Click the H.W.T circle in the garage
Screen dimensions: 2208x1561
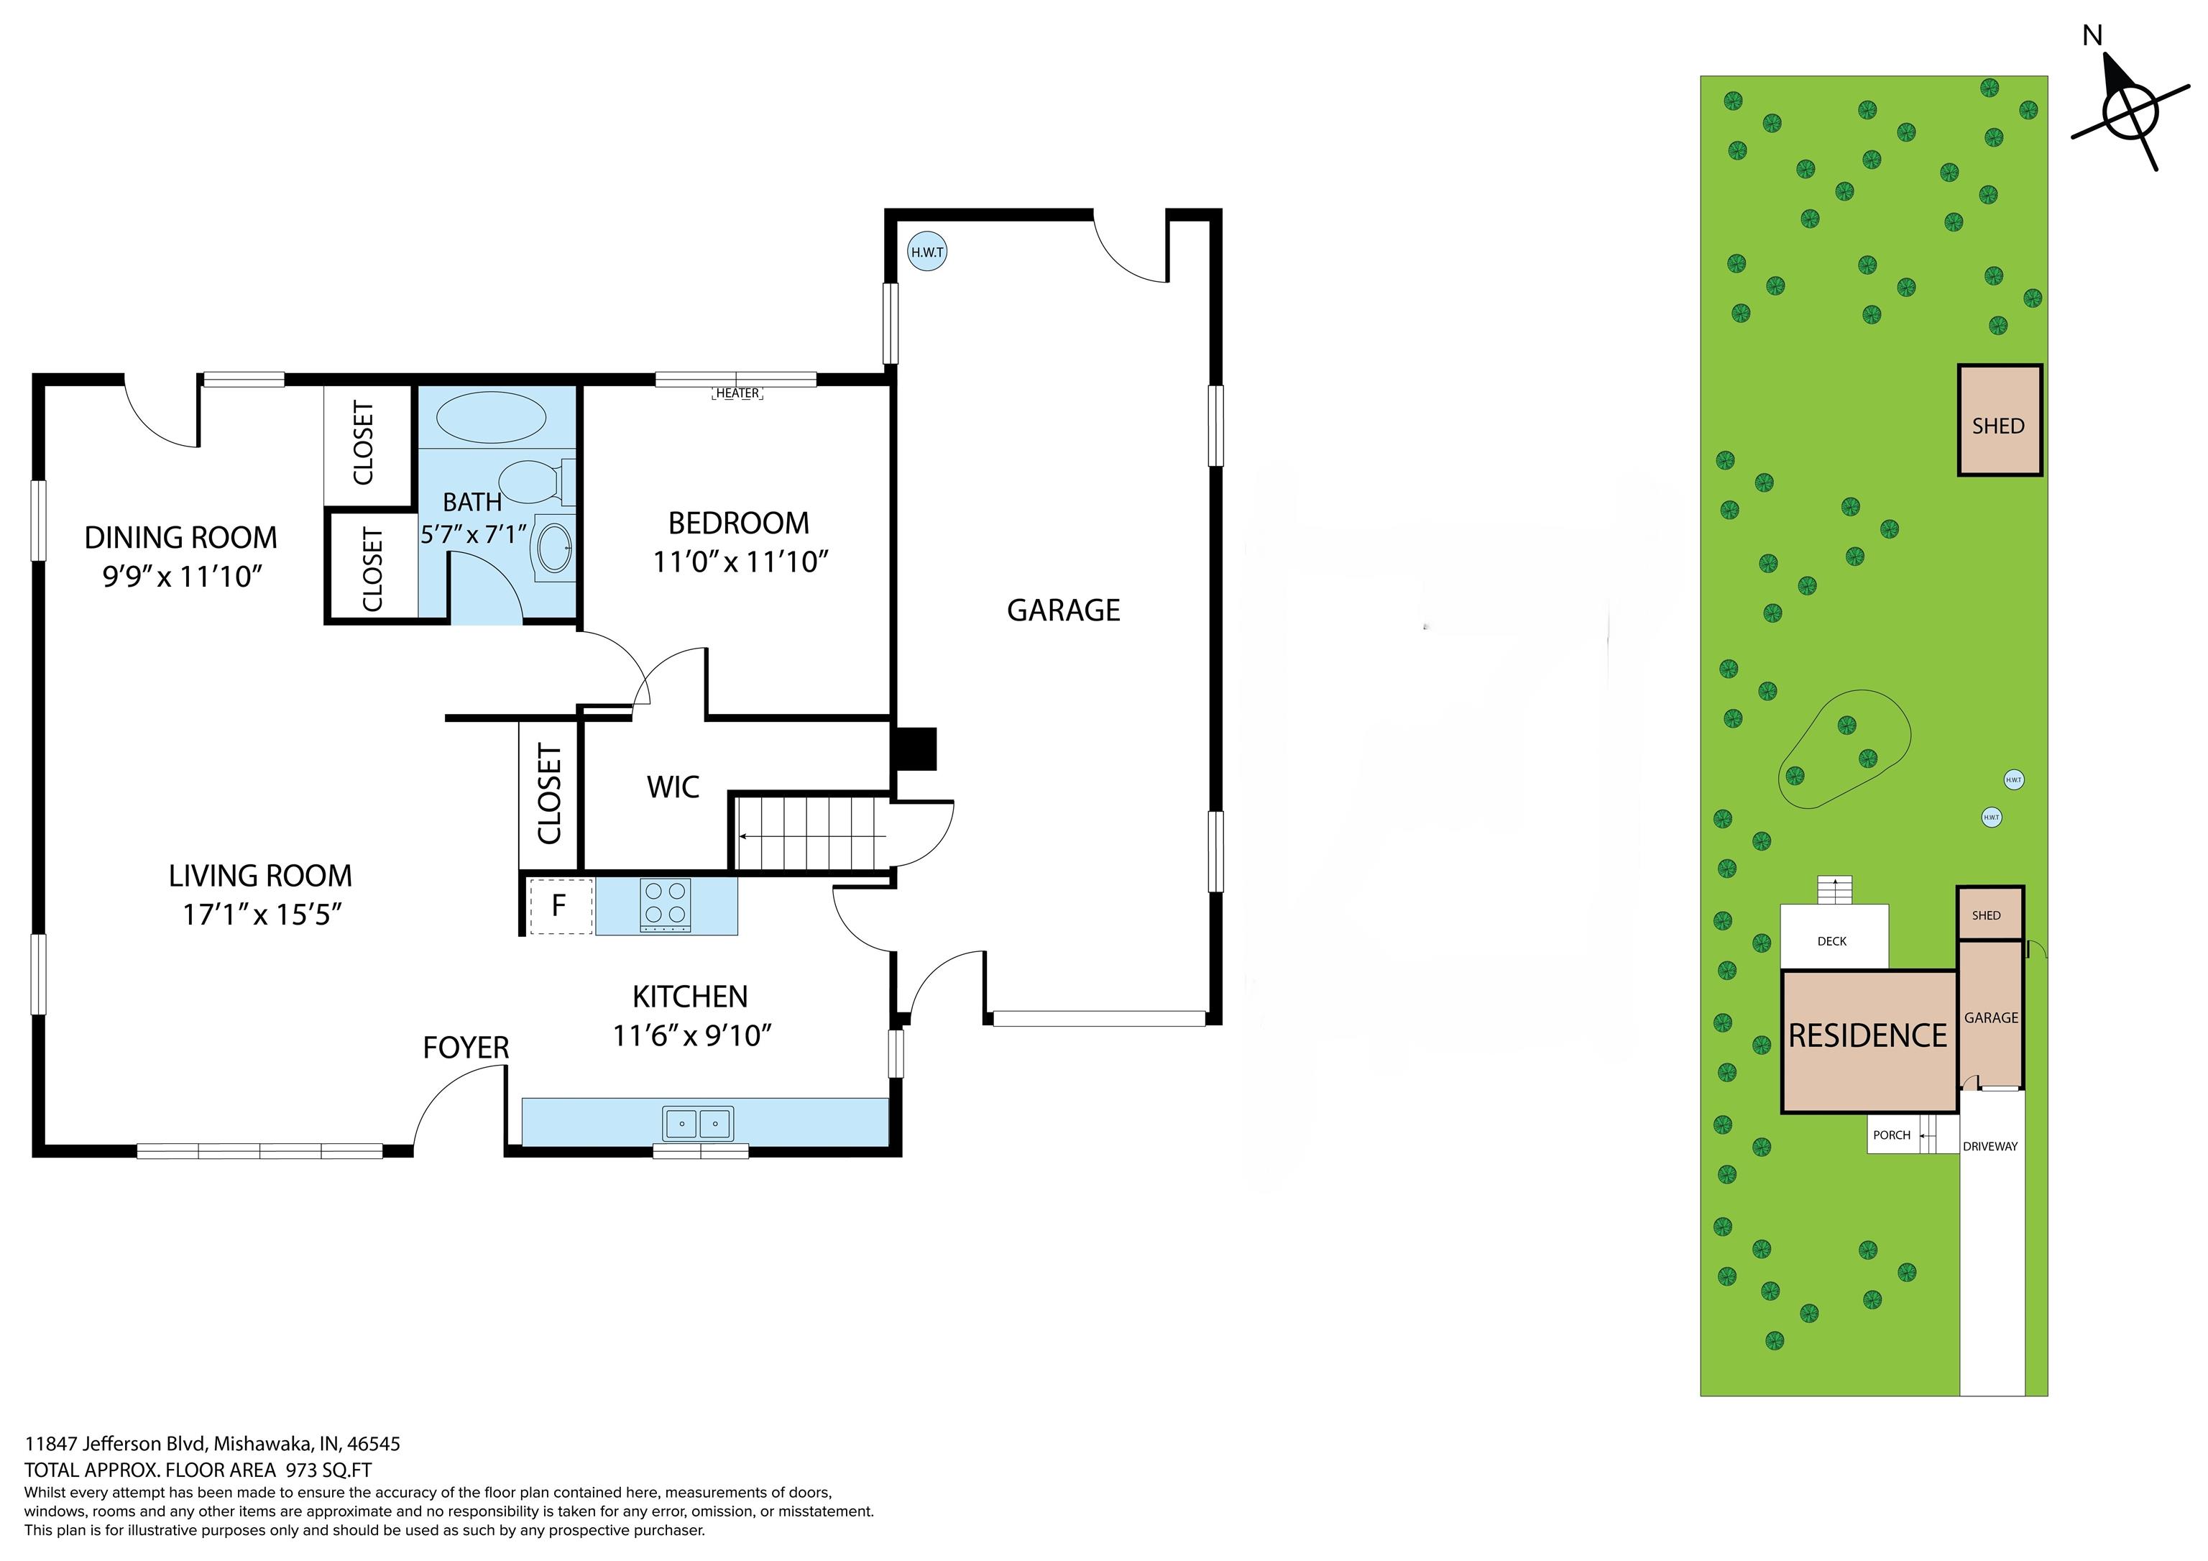(927, 252)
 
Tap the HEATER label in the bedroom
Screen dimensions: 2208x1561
(737, 393)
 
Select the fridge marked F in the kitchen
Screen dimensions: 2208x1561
(558, 905)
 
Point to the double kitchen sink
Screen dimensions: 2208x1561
(698, 1123)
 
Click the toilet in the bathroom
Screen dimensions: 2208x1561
(538, 481)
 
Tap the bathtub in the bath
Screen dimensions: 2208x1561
(492, 418)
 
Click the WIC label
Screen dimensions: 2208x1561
(673, 787)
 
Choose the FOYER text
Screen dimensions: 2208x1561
(466, 1048)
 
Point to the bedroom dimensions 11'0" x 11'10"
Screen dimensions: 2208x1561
(740, 562)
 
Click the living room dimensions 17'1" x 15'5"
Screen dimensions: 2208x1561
(262, 914)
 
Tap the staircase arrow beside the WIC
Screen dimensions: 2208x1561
(813, 837)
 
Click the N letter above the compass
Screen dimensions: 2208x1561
(2092, 35)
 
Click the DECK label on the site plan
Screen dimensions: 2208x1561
(1832, 942)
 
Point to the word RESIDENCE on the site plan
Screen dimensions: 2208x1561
(1867, 1036)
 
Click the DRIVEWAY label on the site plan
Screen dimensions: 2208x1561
(1991, 1146)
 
